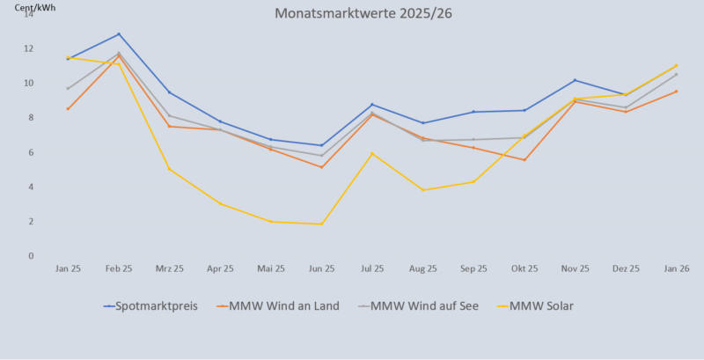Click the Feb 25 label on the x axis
point(119,268)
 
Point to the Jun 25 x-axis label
point(321,268)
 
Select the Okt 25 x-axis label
point(524,268)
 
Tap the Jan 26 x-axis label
point(676,268)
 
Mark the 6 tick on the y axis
point(30,152)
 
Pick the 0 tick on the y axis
point(30,256)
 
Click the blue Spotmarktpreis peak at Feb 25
point(119,34)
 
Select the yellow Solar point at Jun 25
point(321,224)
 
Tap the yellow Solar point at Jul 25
point(372,154)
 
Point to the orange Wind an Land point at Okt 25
point(524,160)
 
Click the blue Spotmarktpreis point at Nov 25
point(575,80)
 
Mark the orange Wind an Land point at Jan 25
point(68,109)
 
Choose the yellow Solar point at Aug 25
point(423,190)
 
